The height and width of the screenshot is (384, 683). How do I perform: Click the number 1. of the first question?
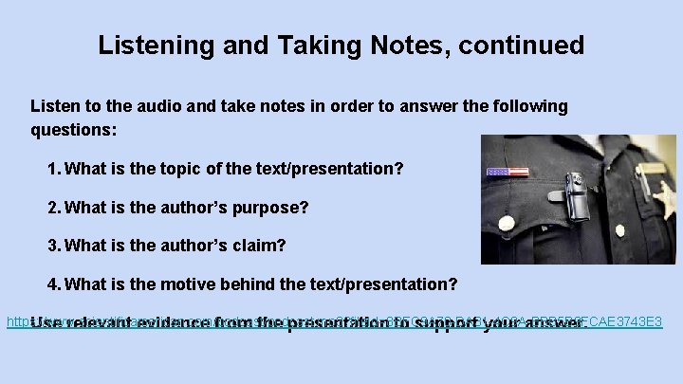click(54, 169)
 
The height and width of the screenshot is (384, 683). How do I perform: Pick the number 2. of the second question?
click(54, 207)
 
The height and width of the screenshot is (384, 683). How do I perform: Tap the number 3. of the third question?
click(54, 246)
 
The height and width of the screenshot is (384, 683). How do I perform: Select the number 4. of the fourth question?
click(54, 284)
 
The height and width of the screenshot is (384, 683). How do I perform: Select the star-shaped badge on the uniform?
click(662, 197)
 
